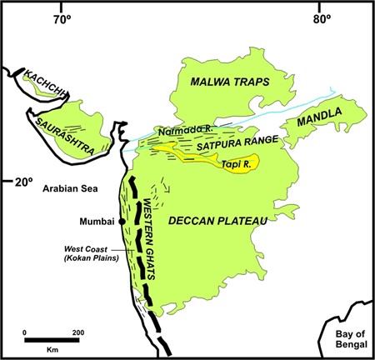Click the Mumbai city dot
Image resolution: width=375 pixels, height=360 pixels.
click(122, 222)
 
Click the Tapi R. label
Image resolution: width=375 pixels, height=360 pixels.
click(237, 163)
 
